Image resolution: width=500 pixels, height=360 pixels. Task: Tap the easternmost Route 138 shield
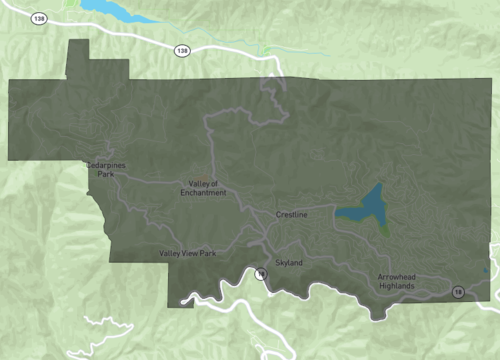tap(181, 50)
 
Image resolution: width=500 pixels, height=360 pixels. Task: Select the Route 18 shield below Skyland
tap(260, 273)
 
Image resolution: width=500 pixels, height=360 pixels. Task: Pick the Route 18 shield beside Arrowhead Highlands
tap(457, 291)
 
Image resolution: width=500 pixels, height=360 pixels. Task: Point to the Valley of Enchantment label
tap(207, 188)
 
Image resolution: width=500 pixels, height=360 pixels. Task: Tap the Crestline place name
tap(292, 215)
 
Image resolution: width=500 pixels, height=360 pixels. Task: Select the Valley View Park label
tap(187, 254)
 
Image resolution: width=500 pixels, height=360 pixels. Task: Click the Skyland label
tap(288, 262)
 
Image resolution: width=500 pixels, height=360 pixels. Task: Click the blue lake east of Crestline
tap(365, 208)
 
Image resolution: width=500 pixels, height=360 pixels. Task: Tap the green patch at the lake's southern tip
tap(385, 229)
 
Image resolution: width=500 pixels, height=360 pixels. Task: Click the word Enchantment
tap(207, 192)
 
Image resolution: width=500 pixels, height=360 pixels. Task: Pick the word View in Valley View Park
tap(189, 254)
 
